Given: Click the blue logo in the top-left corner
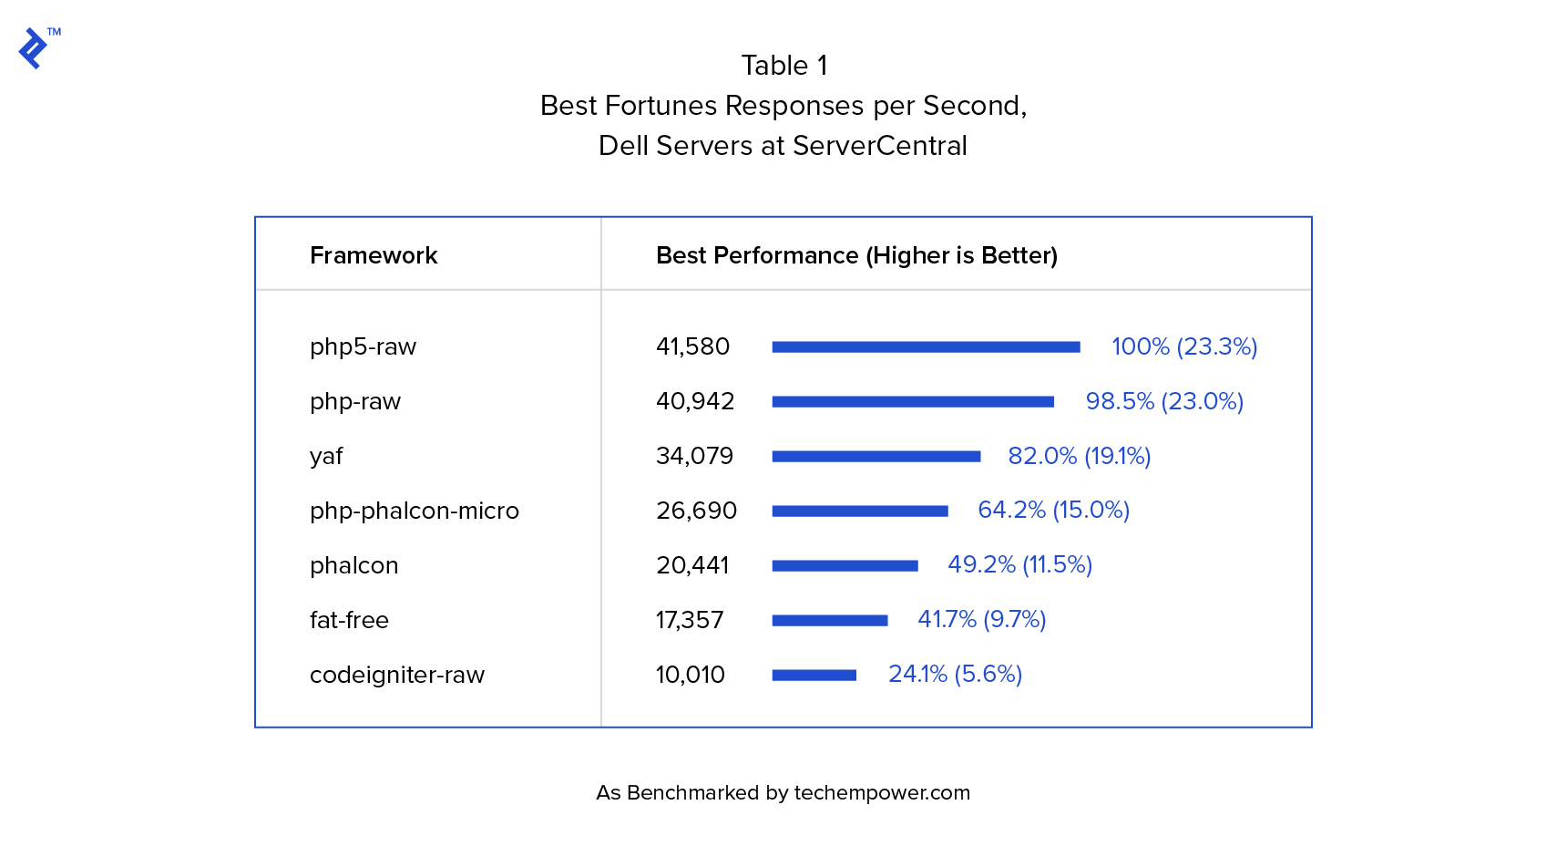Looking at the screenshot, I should coord(34,47).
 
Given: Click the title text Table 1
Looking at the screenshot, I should coord(783,66).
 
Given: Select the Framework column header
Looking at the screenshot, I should coord(374,255).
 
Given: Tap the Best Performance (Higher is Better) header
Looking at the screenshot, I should coord(856,255).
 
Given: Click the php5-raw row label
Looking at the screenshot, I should coord(363,346).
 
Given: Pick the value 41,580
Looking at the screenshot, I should coord(692,346).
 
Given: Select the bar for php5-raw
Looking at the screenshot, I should coord(926,346).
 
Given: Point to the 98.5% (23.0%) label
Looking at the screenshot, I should coord(1164,401).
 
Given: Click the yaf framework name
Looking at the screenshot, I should coord(326,456).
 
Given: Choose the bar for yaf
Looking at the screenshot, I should coord(876,456).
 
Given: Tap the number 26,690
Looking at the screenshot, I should coord(696,511).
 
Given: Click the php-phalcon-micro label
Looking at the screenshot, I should coord(415,511).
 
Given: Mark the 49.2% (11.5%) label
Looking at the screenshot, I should coord(1019,565).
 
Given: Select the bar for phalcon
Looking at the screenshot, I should coord(845,565).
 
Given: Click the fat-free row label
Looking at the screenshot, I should coord(349,620).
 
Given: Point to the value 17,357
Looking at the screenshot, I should coord(690,620).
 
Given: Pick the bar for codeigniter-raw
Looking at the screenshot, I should coord(814,675).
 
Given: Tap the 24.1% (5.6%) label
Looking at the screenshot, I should coord(955,674).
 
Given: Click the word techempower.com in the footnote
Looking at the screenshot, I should coord(882,793).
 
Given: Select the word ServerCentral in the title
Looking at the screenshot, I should coord(879,146).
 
